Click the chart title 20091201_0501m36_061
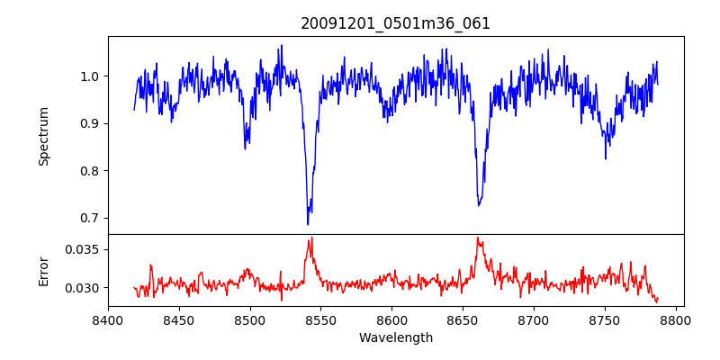(395, 23)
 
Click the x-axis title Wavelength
(395, 337)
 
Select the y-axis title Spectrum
(43, 136)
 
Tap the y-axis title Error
(43, 271)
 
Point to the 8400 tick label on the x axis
(108, 319)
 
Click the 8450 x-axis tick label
(179, 319)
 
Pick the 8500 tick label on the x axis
(250, 319)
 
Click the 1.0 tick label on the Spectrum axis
(90, 76)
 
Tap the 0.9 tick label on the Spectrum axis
(90, 123)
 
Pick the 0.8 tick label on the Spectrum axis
(90, 171)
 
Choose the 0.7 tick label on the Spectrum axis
(90, 218)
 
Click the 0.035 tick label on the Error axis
(84, 249)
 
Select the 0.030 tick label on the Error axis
(84, 288)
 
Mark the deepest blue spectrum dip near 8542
(308, 223)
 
